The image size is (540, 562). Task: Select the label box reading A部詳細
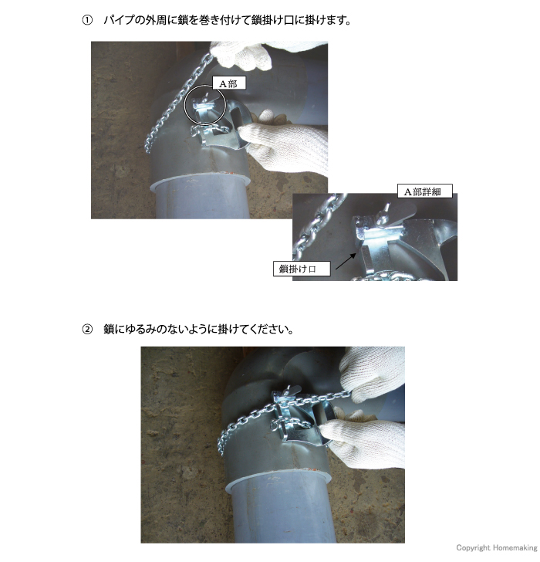(420, 191)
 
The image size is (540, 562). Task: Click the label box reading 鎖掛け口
(302, 269)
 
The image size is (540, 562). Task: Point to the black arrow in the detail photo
(345, 255)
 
